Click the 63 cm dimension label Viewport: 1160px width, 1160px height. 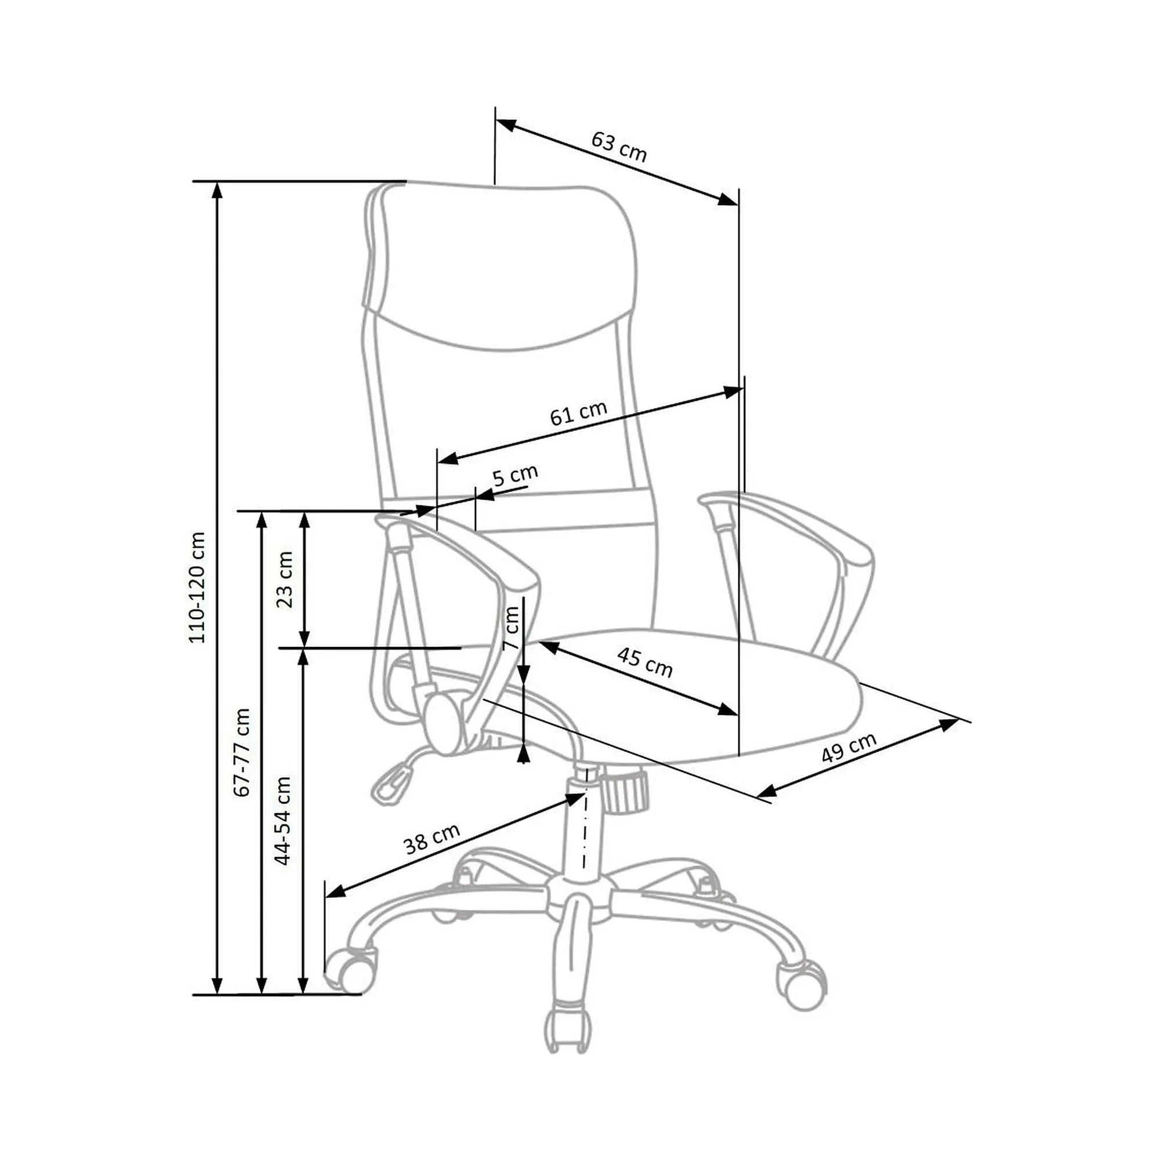[x=619, y=147]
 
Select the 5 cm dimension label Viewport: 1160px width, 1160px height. [x=515, y=476]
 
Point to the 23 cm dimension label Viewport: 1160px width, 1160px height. [x=285, y=579]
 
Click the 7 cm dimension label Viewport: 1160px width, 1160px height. [x=511, y=628]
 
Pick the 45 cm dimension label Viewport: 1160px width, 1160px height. [x=645, y=662]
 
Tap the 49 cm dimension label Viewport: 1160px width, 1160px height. [x=849, y=748]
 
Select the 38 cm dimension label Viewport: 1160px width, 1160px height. [x=432, y=838]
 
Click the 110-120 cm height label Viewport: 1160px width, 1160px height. [x=197, y=587]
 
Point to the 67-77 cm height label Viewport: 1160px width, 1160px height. [x=242, y=752]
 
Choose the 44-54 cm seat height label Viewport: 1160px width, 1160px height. [x=282, y=820]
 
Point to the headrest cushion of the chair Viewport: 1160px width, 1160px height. [x=500, y=264]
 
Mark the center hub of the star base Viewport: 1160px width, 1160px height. [x=579, y=897]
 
